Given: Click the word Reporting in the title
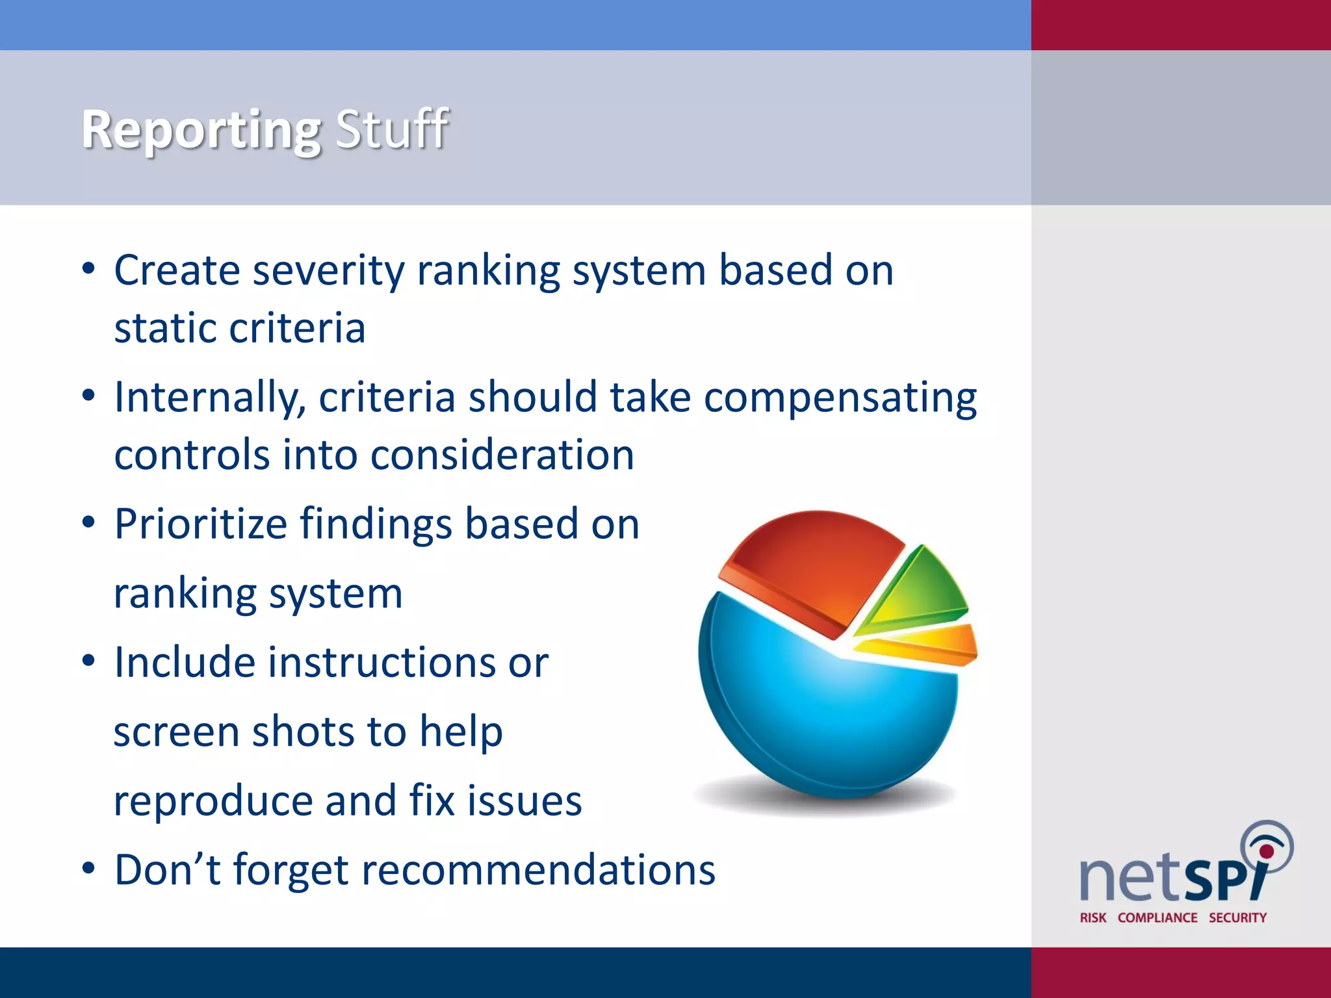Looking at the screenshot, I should (x=201, y=130).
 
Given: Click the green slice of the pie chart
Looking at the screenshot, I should (x=923, y=588).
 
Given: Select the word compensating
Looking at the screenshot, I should (x=840, y=398).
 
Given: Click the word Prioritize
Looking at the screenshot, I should (x=200, y=524).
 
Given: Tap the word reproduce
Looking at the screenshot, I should (x=213, y=800).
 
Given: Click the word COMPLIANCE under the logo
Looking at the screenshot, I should (x=1157, y=917).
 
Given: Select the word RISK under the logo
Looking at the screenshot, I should (x=1093, y=917).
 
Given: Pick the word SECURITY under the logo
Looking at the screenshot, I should (x=1237, y=917).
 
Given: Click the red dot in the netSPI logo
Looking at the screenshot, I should (x=1266, y=851).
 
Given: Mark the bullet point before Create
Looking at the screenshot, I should (x=88, y=269).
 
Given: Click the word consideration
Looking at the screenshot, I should (x=502, y=455).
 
